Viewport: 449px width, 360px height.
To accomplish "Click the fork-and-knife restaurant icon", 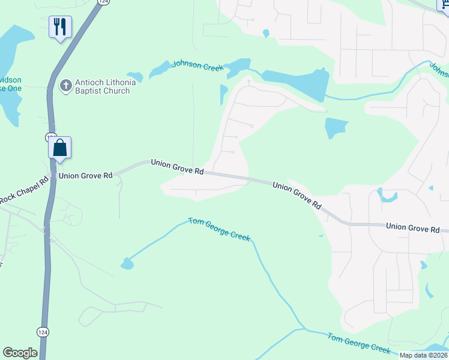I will point(60,27).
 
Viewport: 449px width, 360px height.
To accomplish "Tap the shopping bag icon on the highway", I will point(60,147).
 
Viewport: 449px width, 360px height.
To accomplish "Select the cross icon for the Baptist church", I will point(65,85).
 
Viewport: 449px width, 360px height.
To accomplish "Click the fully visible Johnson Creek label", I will point(198,65).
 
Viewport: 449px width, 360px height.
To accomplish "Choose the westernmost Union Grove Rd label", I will point(85,176).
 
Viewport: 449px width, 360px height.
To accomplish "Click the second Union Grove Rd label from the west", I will point(177,166).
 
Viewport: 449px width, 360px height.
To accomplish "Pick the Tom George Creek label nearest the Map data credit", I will point(359,343).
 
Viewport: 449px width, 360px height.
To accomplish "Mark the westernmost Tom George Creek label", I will point(219,229).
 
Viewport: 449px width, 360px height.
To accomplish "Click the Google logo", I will point(20,353).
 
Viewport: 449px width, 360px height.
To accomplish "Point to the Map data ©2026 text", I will point(423,355).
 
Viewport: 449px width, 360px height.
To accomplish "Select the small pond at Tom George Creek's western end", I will point(127,263).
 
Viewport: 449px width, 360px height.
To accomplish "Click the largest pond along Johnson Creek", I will point(297,83).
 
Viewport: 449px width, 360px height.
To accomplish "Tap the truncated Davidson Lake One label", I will point(10,84).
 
